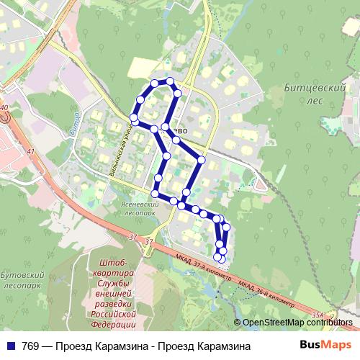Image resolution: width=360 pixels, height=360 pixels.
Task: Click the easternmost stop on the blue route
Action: [227, 228]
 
